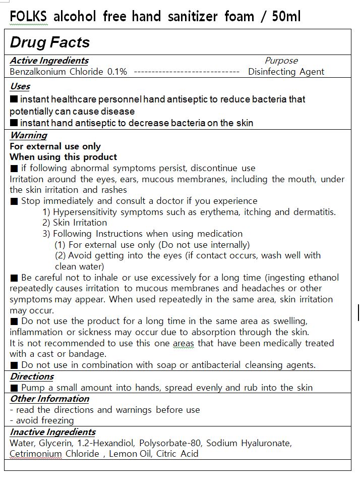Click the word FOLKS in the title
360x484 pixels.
click(x=28, y=17)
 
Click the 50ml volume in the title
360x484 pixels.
click(x=286, y=17)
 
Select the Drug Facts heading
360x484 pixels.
click(x=50, y=42)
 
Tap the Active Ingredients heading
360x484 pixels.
click(x=49, y=61)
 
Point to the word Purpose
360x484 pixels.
click(x=281, y=61)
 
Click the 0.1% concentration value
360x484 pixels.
click(x=117, y=72)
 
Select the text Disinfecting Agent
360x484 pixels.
click(x=286, y=72)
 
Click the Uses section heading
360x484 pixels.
click(x=20, y=86)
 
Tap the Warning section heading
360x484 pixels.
click(x=28, y=135)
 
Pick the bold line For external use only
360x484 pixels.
click(x=55, y=146)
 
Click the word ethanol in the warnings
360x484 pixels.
click(x=322, y=278)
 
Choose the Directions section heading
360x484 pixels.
click(x=32, y=377)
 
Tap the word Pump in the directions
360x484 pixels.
click(x=33, y=388)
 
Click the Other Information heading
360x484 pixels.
click(x=49, y=399)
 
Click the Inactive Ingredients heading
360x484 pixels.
click(x=52, y=432)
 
